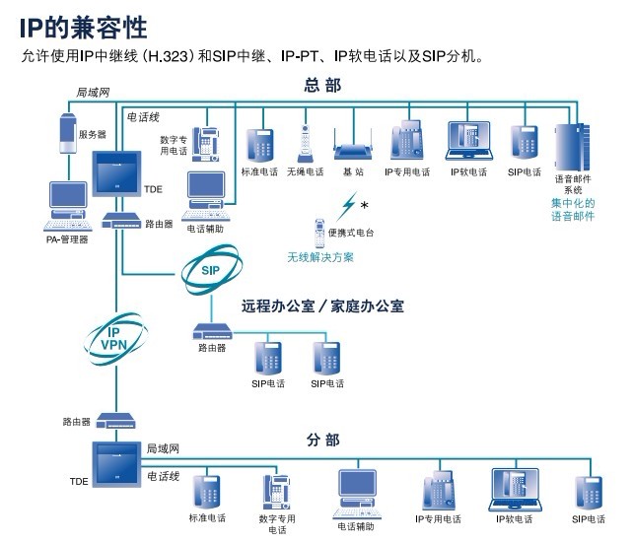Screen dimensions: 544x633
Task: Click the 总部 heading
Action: pyautogui.click(x=321, y=87)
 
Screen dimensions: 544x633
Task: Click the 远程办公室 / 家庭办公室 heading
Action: pyautogui.click(x=322, y=306)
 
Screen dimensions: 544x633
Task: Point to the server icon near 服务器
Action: pyautogui.click(x=66, y=135)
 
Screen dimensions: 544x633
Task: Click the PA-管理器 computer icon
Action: pyautogui.click(x=68, y=205)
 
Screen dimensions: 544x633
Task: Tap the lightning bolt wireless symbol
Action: pyautogui.click(x=348, y=207)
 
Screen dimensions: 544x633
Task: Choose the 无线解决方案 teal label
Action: pyautogui.click(x=320, y=257)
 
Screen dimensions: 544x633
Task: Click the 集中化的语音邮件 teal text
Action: pyautogui.click(x=573, y=209)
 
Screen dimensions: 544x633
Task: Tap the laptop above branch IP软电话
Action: pyautogui.click(x=516, y=490)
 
